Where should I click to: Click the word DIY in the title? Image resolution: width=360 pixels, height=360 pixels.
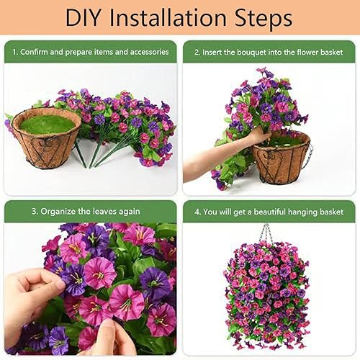point(82,17)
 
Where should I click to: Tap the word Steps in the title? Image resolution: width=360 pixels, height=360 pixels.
point(264,18)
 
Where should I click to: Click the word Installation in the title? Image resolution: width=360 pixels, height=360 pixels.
point(168,17)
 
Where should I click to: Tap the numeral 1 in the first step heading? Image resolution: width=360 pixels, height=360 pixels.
point(14,52)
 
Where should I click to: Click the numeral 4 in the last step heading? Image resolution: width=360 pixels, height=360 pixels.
point(197,212)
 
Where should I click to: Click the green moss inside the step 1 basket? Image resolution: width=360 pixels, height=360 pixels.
point(48,124)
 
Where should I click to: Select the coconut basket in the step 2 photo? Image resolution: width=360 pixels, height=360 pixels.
point(281,157)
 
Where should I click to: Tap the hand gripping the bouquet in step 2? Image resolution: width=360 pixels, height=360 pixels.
point(259,135)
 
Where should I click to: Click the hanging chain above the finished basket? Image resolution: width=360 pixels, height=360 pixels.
point(266,233)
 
